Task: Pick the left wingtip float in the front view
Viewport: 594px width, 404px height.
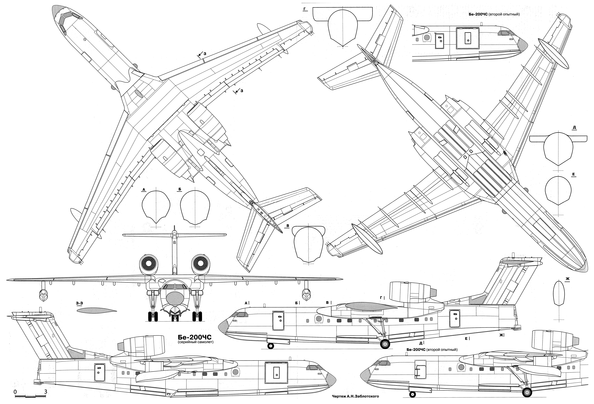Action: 43,295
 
